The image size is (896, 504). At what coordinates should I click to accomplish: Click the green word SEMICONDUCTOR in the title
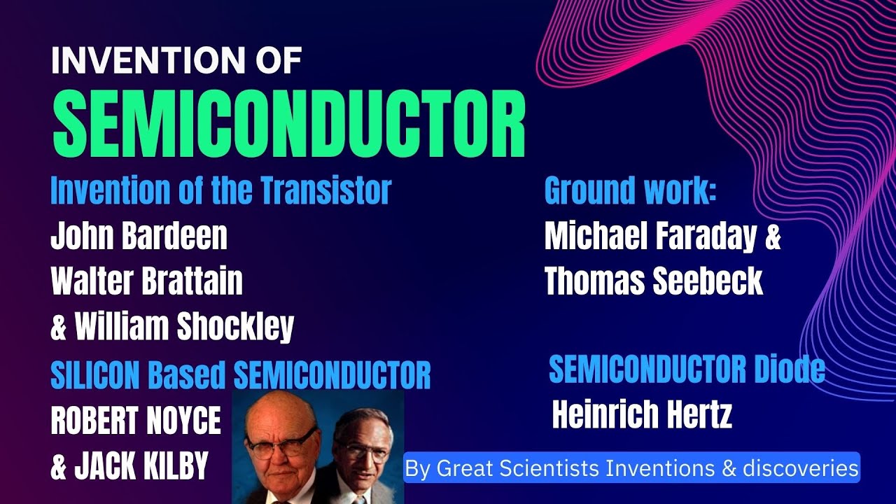click(289, 127)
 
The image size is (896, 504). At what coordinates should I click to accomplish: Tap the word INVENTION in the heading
click(126, 62)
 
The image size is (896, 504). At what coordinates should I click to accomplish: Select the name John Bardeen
click(139, 237)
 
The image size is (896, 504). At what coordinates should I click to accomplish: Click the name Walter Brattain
click(146, 281)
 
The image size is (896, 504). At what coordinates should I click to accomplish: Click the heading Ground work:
click(630, 190)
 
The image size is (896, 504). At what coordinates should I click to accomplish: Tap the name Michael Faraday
click(650, 237)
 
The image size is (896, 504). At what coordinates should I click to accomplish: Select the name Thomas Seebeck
click(653, 281)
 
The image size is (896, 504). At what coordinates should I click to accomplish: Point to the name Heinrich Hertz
click(642, 416)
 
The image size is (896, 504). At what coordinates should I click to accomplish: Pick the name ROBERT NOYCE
click(136, 421)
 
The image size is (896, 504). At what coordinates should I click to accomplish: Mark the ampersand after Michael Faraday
click(772, 237)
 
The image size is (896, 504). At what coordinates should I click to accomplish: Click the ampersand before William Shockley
click(58, 328)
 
